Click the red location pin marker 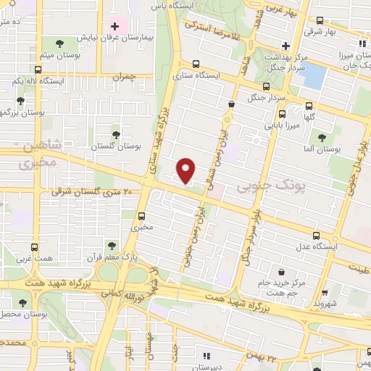(187, 170)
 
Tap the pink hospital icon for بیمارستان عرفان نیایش (114, 26)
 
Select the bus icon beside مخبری (141, 215)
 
